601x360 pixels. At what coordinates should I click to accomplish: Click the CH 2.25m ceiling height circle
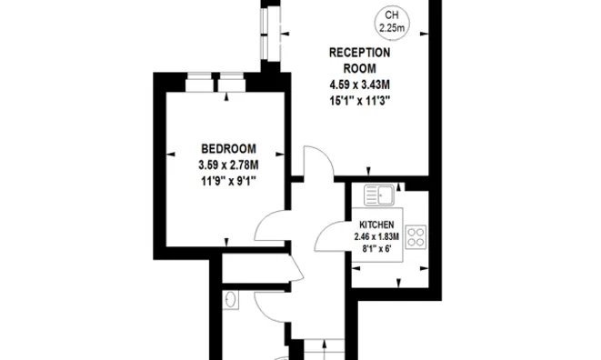pos(391,23)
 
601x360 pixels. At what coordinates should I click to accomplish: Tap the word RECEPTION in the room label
pos(359,53)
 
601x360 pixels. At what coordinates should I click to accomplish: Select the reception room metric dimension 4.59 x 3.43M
pos(359,85)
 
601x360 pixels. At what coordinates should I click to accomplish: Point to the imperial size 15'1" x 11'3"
pos(359,101)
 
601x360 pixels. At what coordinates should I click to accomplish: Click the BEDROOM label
pos(228,148)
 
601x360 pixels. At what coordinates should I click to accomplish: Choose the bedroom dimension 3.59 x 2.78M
pos(228,165)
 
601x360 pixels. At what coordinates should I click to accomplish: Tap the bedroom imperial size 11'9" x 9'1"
pos(228,181)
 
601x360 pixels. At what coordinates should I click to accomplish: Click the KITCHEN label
pos(376,225)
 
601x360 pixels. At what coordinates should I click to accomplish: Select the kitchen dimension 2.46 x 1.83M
pos(376,237)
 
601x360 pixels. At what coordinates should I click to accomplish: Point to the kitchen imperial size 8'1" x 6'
pos(376,249)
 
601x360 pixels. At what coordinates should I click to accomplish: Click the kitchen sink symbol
pos(378,195)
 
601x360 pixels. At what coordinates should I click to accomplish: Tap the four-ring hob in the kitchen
pos(416,237)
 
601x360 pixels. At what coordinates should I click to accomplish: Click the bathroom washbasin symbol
pos(230,300)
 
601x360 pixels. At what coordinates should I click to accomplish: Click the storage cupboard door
pos(297,267)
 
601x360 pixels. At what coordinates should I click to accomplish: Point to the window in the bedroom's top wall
pos(215,82)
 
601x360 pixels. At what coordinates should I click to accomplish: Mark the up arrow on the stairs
pos(325,350)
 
